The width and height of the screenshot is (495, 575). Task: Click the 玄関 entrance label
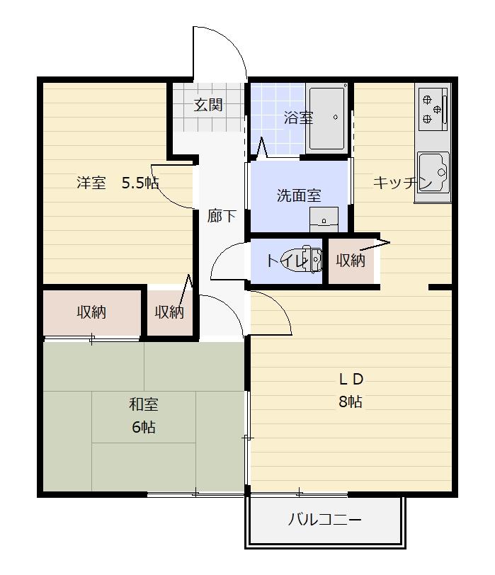tap(208, 105)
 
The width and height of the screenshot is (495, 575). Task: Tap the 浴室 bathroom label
tap(298, 118)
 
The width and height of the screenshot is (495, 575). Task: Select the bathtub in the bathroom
tap(327, 118)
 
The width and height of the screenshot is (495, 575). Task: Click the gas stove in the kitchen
tap(432, 108)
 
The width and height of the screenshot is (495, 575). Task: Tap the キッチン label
tap(402, 183)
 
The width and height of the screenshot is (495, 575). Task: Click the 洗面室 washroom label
tap(298, 196)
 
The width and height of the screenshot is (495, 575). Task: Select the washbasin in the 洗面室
tap(324, 219)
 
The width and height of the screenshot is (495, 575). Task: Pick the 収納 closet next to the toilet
tap(350, 261)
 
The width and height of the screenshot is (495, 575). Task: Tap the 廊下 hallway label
tap(222, 217)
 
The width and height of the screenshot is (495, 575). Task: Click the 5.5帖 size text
tap(140, 183)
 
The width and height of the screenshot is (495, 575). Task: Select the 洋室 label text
tap(91, 183)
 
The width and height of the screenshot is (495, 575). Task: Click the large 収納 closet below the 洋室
tap(92, 312)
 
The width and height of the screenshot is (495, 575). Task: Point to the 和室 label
tap(143, 404)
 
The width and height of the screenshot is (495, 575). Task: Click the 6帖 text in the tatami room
tap(143, 428)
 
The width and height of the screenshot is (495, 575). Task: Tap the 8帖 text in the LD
tap(351, 402)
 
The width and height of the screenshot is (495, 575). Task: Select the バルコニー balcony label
tap(325, 520)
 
